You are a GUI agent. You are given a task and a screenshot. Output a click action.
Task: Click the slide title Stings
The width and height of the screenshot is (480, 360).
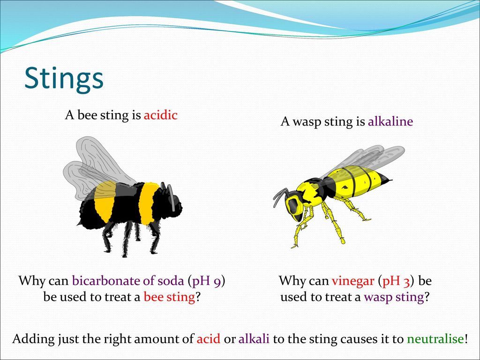pos(64,79)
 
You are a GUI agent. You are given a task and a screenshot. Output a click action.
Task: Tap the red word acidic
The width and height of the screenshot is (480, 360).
pos(161,115)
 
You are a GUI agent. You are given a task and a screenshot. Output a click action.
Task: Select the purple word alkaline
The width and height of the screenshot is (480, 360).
pos(390,121)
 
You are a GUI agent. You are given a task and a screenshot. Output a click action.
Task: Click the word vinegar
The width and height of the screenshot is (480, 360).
pos(353,281)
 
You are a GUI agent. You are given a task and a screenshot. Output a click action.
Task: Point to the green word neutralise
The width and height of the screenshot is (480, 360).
pos(435,339)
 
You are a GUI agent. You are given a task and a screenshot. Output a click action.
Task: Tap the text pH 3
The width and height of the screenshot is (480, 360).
pos(396,282)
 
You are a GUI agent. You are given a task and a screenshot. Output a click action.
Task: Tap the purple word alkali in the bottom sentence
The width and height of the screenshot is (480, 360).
pos(254,339)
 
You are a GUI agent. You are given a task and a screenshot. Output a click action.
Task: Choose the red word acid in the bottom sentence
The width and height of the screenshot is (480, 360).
pos(209,339)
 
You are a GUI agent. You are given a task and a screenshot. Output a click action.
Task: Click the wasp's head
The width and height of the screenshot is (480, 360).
pos(294,205)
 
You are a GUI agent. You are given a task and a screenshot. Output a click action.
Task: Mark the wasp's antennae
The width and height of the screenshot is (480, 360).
pos(280,196)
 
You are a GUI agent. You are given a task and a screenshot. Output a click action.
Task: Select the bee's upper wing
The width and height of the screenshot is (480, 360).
pos(103,160)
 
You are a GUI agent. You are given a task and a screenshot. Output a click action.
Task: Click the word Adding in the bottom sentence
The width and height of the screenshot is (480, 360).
pos(33,339)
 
